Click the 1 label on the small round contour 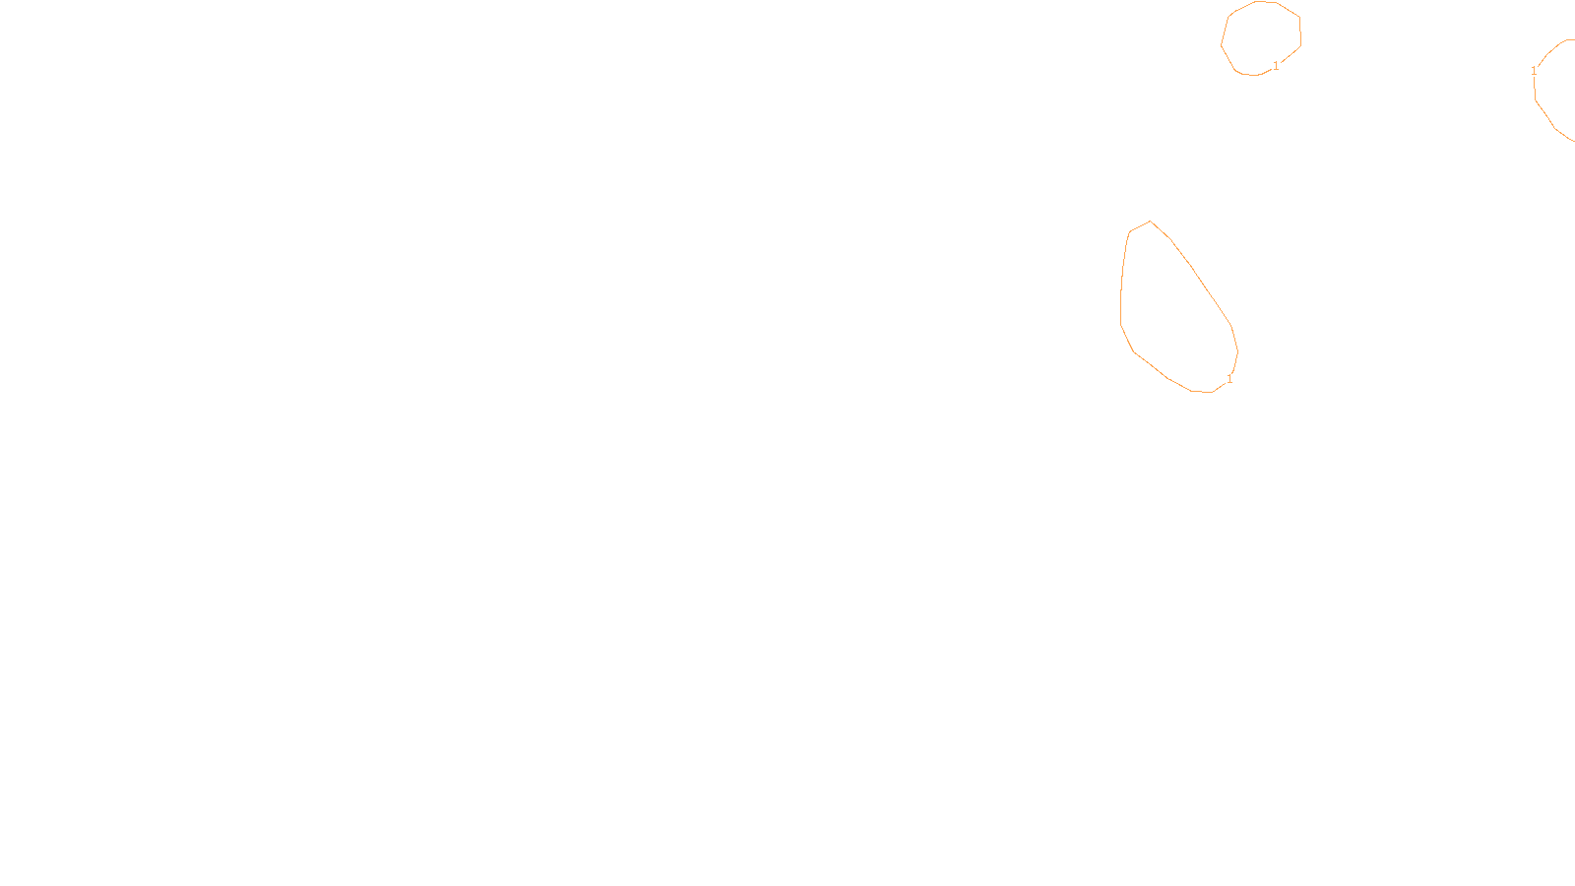point(1276,66)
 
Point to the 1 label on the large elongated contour point(1228,379)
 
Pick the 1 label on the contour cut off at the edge point(1534,71)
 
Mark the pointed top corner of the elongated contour point(1150,221)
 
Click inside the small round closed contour point(1261,37)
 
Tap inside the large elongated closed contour point(1171,315)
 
